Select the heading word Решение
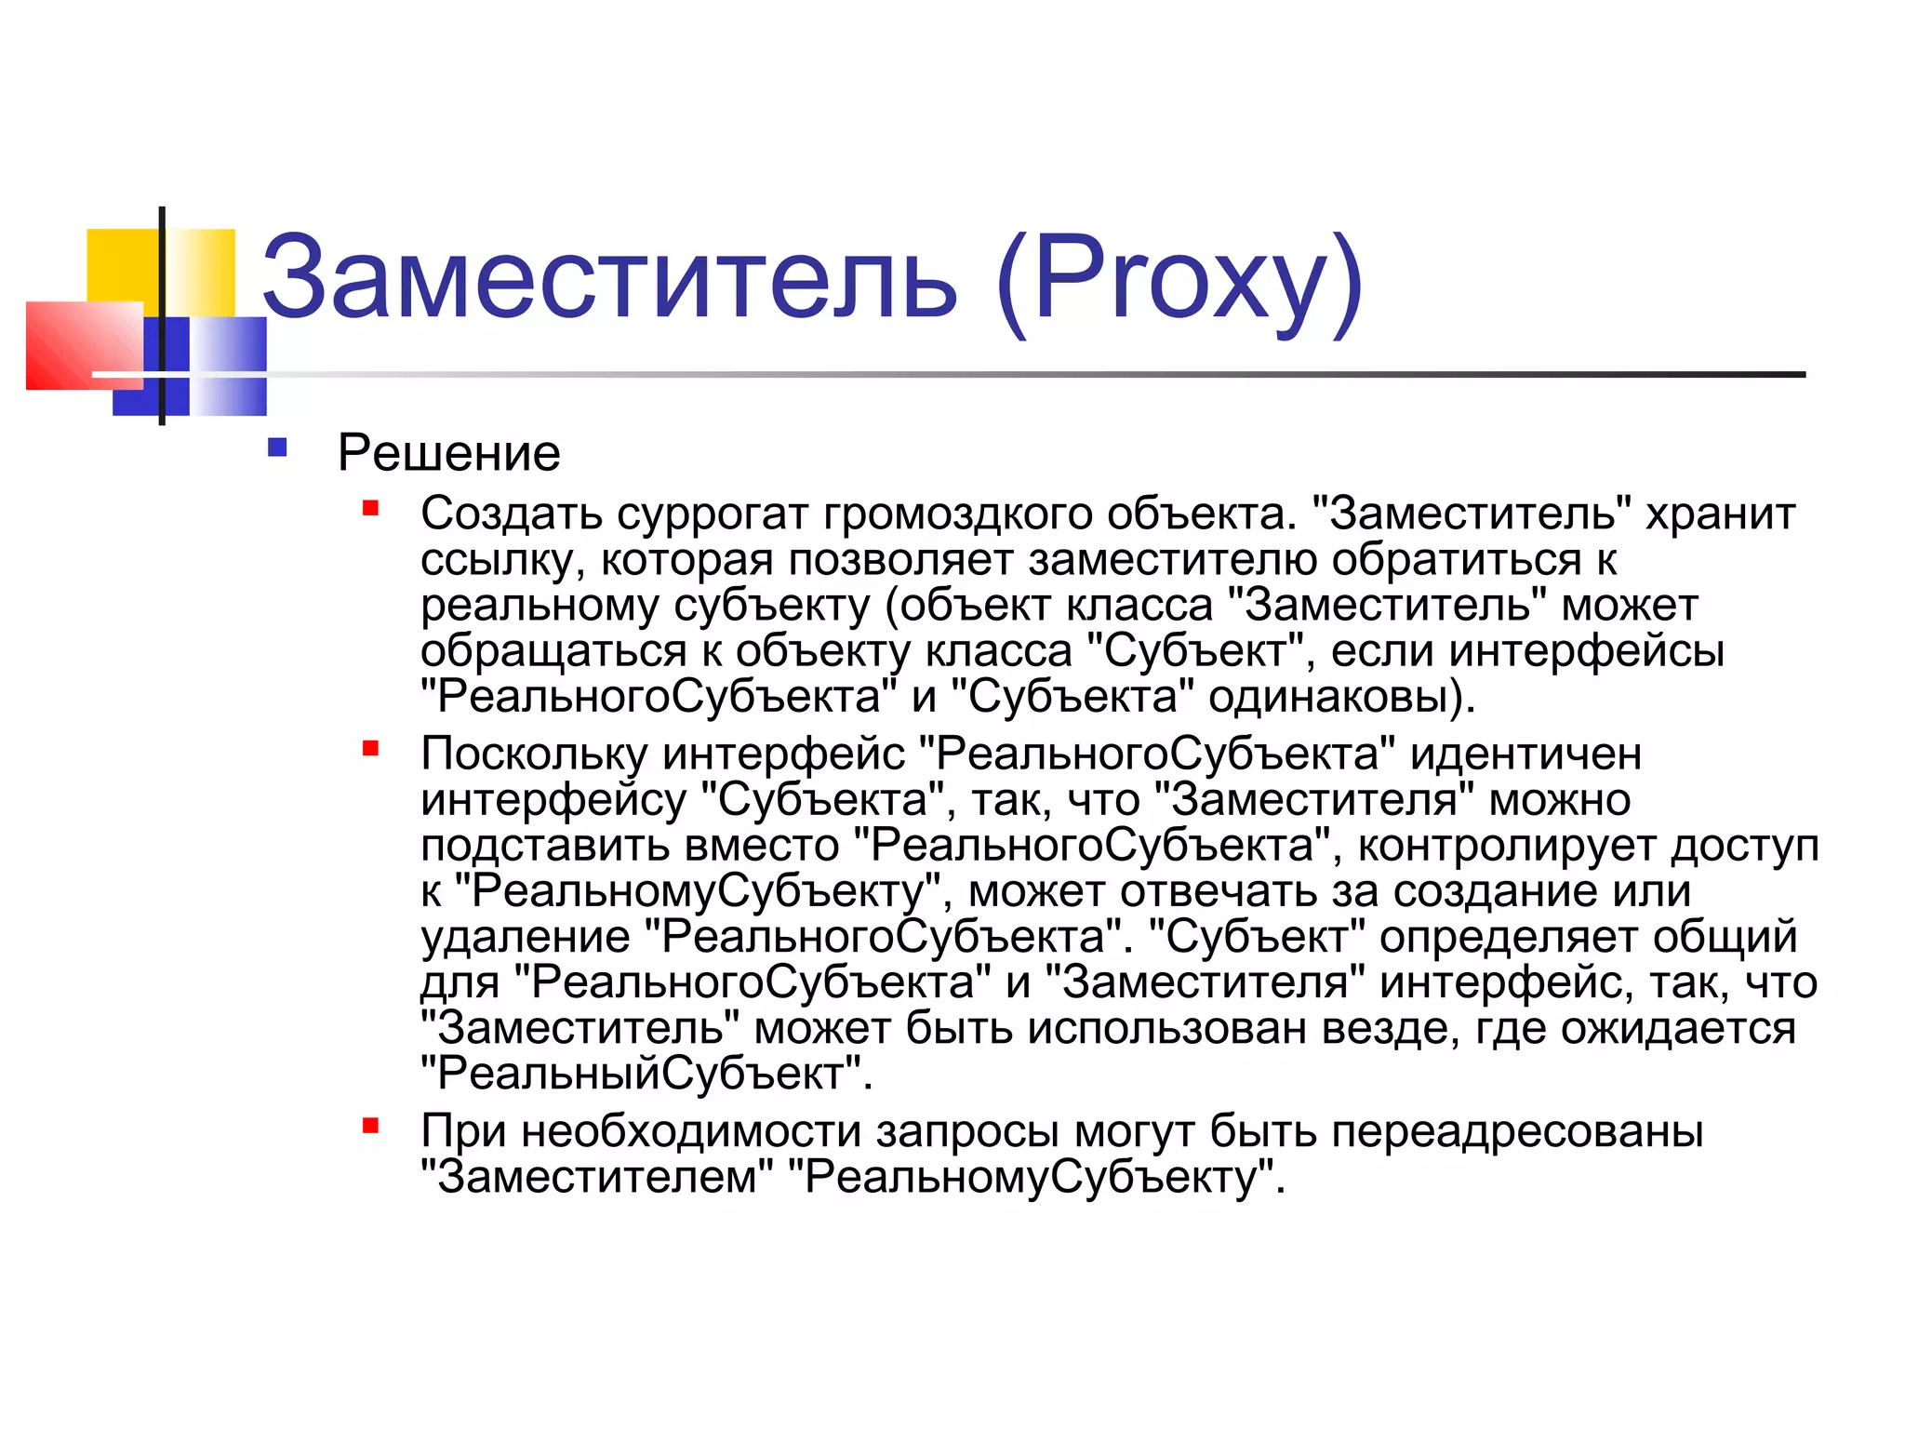pyautogui.click(x=448, y=453)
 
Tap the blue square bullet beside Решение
pyautogui.click(x=277, y=448)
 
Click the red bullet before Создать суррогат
pyautogui.click(x=371, y=508)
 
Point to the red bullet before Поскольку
pyautogui.click(x=371, y=748)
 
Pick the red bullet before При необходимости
pyautogui.click(x=371, y=1127)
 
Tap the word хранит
pyautogui.click(x=1720, y=514)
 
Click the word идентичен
pyautogui.click(x=1525, y=754)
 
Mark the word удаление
pyautogui.click(x=525, y=937)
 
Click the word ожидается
pyautogui.click(x=1678, y=1028)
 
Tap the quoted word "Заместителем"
pyautogui.click(x=596, y=1178)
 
